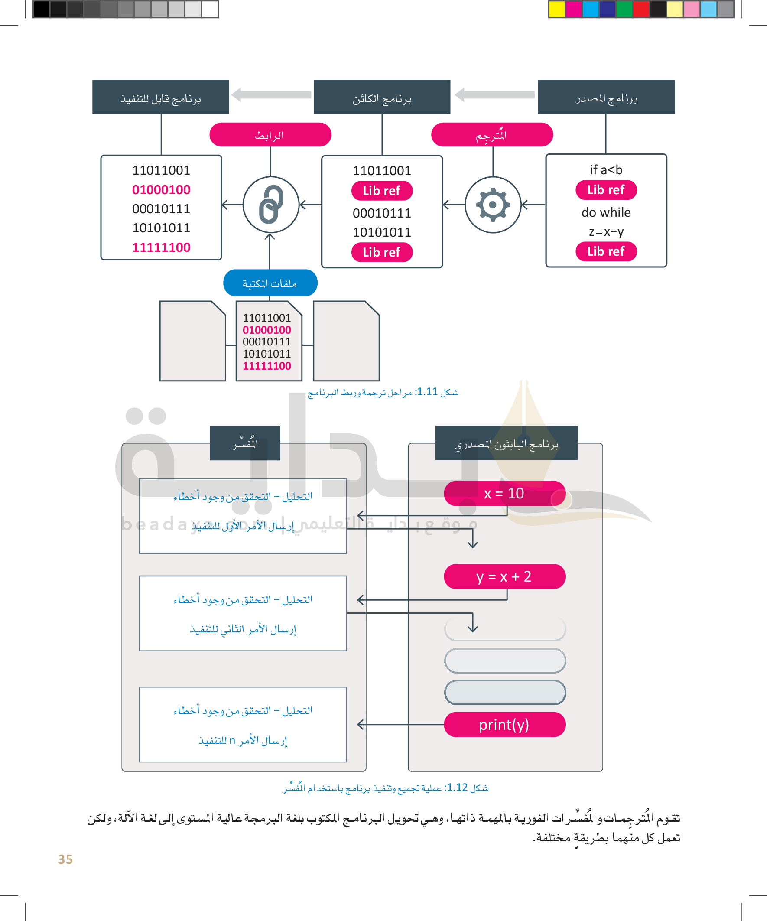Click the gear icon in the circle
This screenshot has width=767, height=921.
click(x=493, y=205)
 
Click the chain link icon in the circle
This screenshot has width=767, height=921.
click(x=271, y=205)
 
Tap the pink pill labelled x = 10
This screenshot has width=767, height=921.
click(x=504, y=493)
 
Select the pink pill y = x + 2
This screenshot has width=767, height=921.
click(x=504, y=576)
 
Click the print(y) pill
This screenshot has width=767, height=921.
click(x=504, y=725)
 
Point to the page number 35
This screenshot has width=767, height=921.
click(x=65, y=859)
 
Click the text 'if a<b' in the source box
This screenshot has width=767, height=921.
click(x=606, y=170)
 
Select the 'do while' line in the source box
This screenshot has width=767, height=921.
click(x=606, y=212)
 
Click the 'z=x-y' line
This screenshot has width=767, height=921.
click(x=606, y=231)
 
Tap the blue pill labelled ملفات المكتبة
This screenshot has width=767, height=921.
click(x=270, y=283)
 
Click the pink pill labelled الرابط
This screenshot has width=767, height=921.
click(x=270, y=135)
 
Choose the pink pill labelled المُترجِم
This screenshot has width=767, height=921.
click(x=492, y=135)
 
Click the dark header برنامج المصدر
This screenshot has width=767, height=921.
click(x=606, y=98)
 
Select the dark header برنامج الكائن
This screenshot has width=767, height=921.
click(x=382, y=98)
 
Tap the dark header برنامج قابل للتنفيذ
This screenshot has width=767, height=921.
click(x=160, y=98)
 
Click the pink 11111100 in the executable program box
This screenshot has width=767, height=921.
click(x=161, y=247)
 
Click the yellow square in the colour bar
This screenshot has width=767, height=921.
click(x=556, y=9)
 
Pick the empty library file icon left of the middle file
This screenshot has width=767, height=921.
click(x=192, y=341)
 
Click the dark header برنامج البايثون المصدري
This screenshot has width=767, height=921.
click(x=506, y=443)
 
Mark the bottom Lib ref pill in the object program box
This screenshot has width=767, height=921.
click(x=382, y=252)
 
